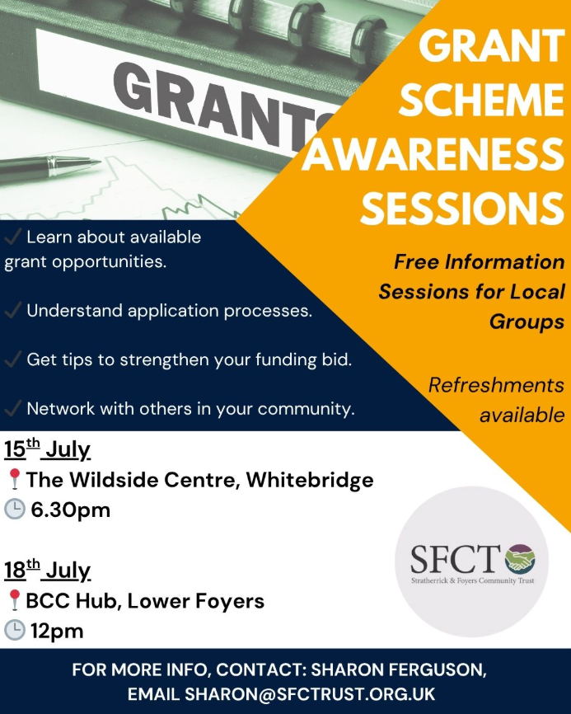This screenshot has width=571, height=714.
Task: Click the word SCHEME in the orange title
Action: coord(481,99)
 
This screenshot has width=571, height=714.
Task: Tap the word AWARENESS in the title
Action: coord(433,154)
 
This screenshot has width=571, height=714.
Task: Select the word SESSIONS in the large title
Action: coord(462,209)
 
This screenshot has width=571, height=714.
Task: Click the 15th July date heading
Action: coord(47,449)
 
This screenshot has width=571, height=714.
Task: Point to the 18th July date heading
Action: coord(47,570)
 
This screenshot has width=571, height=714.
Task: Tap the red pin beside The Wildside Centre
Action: coord(14,480)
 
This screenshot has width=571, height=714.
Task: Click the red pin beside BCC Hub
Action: coord(14,600)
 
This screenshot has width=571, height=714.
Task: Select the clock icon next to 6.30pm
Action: coord(15,509)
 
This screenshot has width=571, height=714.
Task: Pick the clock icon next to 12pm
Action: coord(15,631)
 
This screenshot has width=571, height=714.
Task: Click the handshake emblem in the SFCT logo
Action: coord(520,559)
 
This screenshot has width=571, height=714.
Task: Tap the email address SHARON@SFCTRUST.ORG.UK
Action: coord(310,694)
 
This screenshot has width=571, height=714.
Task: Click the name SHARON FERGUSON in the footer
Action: coord(399,670)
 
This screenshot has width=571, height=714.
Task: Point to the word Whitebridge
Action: coord(310,480)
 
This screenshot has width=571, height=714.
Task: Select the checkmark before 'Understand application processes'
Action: coord(13,310)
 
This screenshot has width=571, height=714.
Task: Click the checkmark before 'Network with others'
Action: coord(13,408)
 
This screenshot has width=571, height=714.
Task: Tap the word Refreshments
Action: coord(496,386)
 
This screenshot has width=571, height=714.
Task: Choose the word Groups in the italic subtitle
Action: coord(527,322)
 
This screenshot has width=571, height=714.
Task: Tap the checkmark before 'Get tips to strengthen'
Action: coord(13,359)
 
